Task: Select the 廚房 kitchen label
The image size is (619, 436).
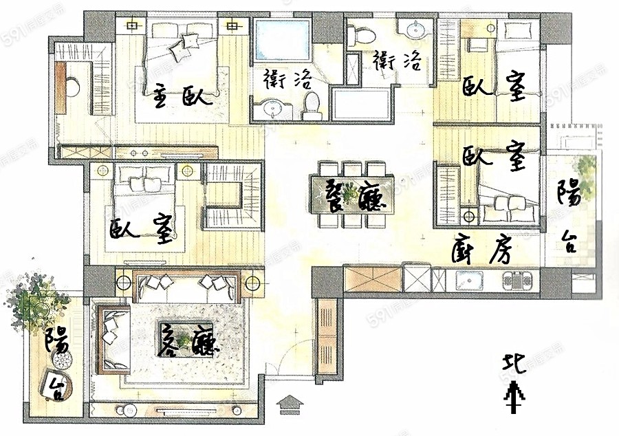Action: (482, 250)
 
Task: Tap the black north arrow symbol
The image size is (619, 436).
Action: (513, 398)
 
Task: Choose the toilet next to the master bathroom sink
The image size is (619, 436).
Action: (311, 105)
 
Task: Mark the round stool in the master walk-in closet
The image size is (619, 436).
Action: (72, 88)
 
